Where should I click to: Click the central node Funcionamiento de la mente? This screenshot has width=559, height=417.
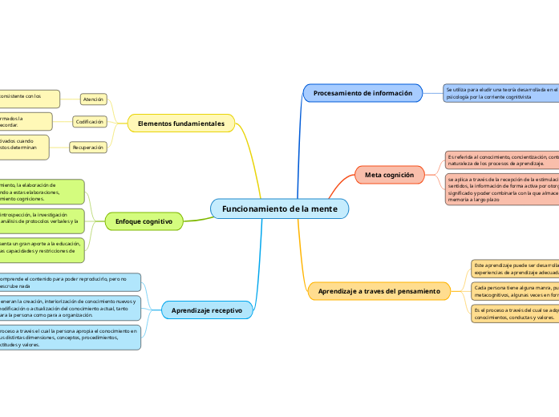click(279, 208)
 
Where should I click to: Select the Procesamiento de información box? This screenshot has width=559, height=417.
click(363, 93)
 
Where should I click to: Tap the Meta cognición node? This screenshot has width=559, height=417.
click(389, 174)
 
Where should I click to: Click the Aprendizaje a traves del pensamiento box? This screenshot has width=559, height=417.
click(379, 291)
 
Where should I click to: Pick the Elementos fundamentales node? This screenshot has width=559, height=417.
click(181, 123)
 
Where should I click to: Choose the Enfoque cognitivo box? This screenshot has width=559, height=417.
click(144, 221)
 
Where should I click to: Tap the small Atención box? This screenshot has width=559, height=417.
click(93, 99)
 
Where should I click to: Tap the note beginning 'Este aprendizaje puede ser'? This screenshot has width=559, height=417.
click(513, 268)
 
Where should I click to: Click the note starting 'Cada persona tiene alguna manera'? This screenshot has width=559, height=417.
click(513, 290)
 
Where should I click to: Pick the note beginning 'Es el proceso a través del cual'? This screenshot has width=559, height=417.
click(513, 313)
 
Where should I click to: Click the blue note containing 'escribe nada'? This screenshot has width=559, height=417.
click(70, 281)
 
